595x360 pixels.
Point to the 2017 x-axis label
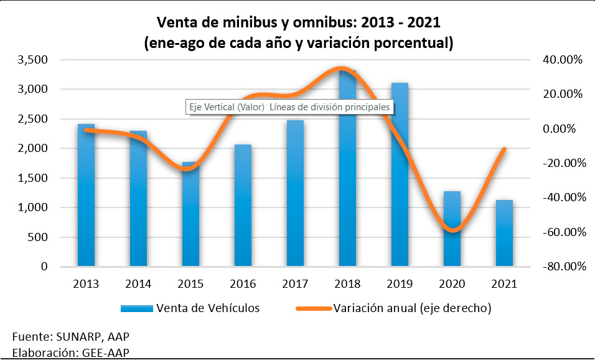click(x=295, y=284)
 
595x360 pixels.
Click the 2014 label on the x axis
click(x=138, y=284)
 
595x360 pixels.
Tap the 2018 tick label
click(x=347, y=284)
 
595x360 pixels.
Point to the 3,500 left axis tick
click(x=34, y=60)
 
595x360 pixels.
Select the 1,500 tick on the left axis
click(x=34, y=178)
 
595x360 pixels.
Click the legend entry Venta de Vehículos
click(x=208, y=308)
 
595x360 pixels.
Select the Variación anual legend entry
click(x=413, y=308)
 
